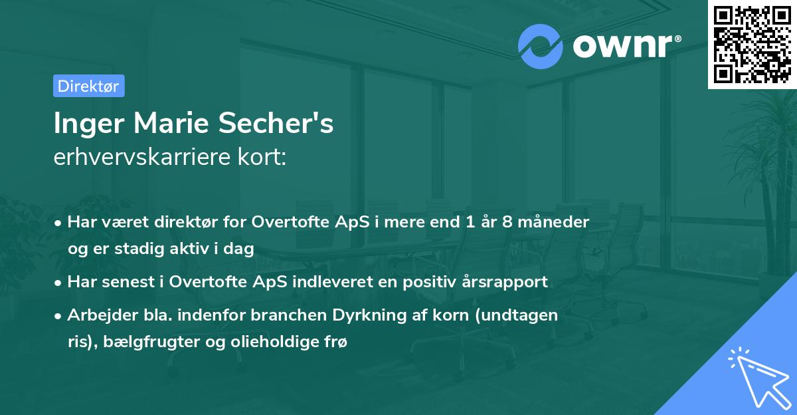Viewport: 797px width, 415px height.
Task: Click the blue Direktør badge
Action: coord(88,86)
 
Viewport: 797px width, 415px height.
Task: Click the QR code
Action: coord(753,44)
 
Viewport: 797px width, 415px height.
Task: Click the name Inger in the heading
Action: coord(85,124)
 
